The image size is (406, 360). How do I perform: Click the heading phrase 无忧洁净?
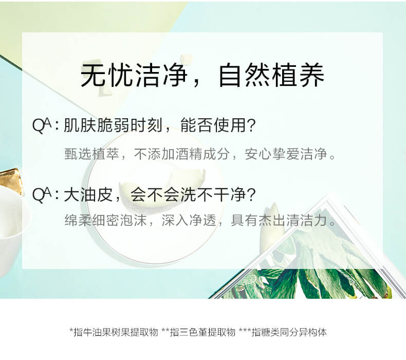(134, 75)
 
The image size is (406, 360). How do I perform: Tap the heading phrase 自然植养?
(271, 75)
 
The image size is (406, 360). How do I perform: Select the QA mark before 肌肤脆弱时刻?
(42, 125)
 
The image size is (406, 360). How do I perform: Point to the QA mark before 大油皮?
(42, 194)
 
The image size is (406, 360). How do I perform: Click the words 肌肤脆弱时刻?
(113, 125)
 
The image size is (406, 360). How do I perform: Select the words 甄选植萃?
(91, 154)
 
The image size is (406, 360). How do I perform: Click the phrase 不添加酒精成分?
(181, 154)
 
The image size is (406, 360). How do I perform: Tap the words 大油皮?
(88, 194)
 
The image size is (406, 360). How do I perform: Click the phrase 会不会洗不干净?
(188, 194)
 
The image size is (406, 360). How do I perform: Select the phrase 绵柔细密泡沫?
(105, 220)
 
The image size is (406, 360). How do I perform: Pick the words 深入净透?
(189, 220)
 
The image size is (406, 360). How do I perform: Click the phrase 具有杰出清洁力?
(279, 220)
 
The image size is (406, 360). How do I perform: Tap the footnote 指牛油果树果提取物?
(116, 332)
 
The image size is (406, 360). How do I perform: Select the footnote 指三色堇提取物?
(202, 332)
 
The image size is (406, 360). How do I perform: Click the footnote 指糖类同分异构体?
(289, 332)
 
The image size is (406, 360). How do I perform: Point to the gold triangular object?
(11, 181)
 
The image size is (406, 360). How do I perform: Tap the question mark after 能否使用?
(251, 125)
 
